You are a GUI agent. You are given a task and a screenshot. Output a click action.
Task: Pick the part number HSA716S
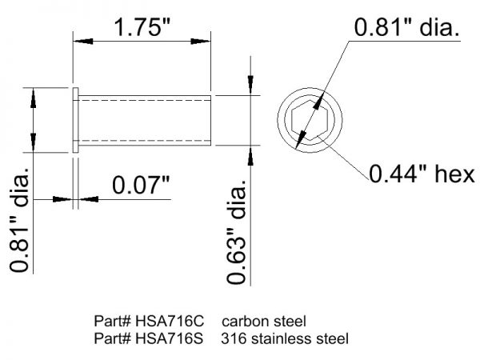point(165,338)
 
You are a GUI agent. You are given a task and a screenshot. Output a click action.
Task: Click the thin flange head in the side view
point(76,120)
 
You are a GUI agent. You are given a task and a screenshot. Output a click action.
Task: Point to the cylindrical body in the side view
point(144,120)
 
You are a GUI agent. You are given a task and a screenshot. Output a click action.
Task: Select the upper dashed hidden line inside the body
point(144,101)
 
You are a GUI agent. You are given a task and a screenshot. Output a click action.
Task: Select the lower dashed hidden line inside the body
point(144,140)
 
